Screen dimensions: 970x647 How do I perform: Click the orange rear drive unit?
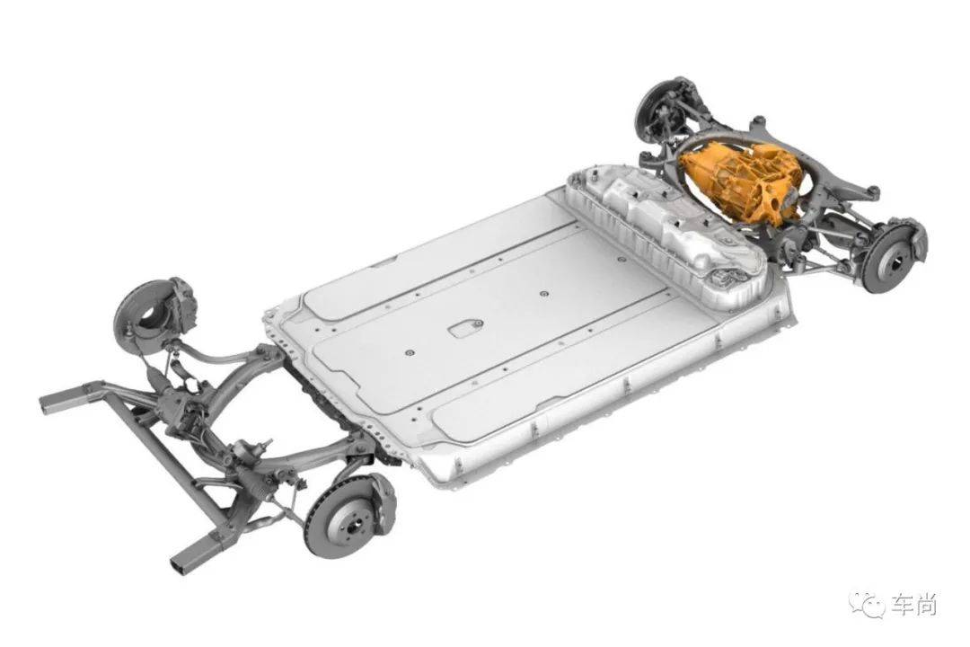coord(743,180)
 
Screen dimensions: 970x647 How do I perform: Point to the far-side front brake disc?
coord(144,310)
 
